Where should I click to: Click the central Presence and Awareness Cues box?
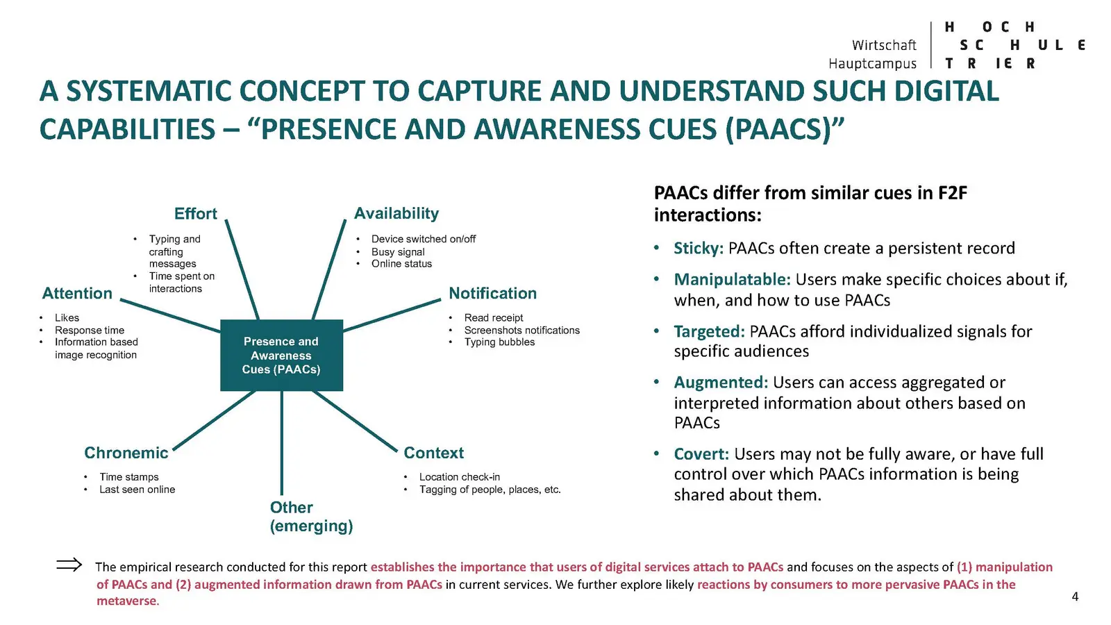(281, 355)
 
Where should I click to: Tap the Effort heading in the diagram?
(195, 213)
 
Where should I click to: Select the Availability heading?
(396, 213)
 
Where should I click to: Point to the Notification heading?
(492, 293)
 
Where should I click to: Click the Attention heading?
(77, 293)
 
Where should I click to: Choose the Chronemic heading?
(126, 453)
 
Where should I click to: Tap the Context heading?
(433, 453)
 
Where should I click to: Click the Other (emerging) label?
(311, 517)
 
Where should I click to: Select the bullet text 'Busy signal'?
(398, 251)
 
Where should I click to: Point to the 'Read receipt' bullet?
(494, 317)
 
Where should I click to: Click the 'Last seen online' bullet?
(137, 490)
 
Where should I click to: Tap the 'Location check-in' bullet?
(459, 477)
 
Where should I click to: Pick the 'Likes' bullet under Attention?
(67, 317)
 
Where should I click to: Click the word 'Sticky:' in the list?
(699, 249)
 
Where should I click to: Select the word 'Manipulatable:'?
(732, 280)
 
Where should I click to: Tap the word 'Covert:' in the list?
(701, 454)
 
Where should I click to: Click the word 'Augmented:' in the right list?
(721, 383)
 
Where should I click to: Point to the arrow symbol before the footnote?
(69, 565)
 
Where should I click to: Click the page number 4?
(1075, 597)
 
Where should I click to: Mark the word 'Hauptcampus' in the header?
(872, 64)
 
